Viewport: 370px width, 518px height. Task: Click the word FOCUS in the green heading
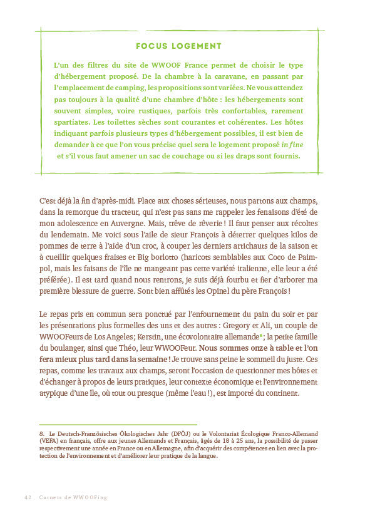pyautogui.click(x=152, y=46)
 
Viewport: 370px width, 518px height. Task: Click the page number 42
pyautogui.click(x=28, y=497)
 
